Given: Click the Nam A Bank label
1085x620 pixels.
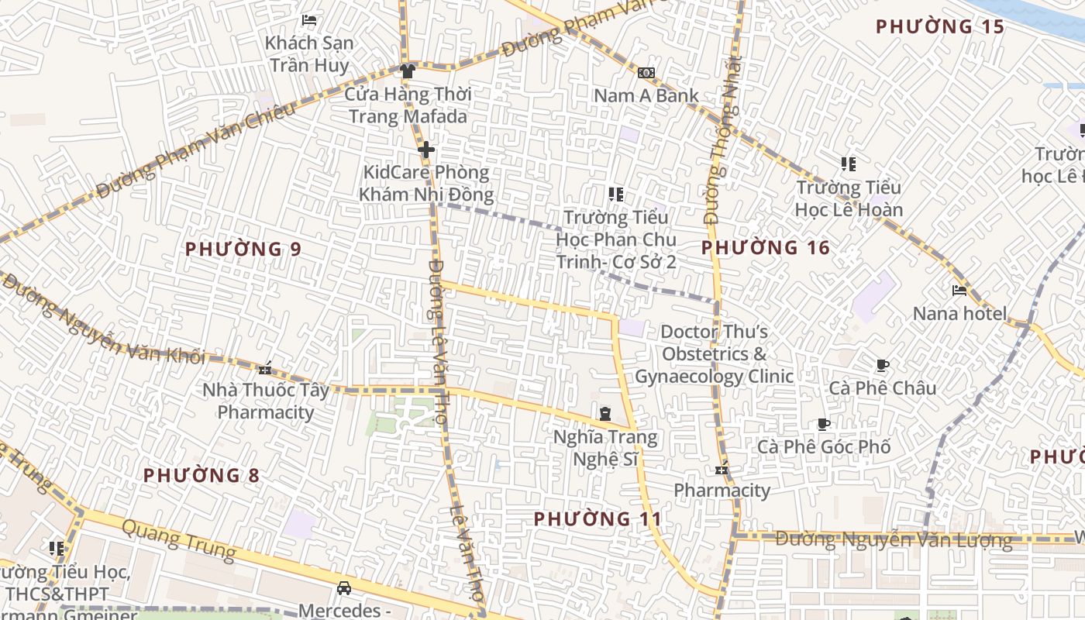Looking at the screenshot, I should point(646,95).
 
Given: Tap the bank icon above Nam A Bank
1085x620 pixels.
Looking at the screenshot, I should point(646,73).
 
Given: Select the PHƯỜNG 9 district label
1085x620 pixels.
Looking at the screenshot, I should point(243,250).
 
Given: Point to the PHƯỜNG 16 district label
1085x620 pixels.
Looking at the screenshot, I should point(765,248).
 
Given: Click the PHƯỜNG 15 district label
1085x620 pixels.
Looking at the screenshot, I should point(940,27).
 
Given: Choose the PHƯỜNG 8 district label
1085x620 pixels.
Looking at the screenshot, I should point(201,475).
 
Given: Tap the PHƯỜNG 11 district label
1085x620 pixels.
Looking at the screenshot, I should point(598,518).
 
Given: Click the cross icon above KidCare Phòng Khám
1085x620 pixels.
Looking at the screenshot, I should point(425,150).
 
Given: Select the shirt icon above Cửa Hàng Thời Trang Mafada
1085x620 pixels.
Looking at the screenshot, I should point(408,71).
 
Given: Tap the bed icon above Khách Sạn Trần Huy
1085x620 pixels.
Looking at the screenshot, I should point(309,20).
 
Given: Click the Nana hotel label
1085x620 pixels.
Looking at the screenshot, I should point(959,314).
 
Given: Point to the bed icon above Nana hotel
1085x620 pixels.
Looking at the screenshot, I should point(959,291).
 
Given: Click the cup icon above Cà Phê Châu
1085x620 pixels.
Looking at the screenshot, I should point(882,365).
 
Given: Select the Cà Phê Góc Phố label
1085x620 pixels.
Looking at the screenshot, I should point(823,447).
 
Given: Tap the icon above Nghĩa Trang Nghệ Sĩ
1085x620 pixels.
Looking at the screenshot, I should point(605,414).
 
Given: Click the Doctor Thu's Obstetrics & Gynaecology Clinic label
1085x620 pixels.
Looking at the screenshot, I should point(714,354).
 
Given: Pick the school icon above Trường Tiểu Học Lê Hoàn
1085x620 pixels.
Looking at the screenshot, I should point(849,164).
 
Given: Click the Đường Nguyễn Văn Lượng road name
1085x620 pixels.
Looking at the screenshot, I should point(894,540).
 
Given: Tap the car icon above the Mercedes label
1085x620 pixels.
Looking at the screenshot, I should point(344,588).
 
